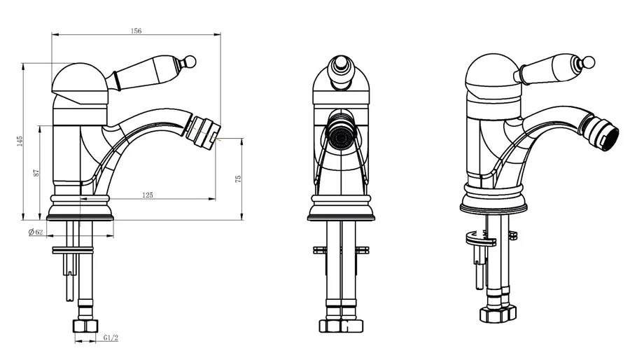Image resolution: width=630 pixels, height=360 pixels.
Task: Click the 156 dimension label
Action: click(136, 31)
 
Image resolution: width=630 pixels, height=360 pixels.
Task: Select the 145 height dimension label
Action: click(20, 141)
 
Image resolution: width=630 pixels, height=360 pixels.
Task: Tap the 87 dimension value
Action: click(36, 172)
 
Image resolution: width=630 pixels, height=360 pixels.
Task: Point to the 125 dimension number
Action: click(148, 195)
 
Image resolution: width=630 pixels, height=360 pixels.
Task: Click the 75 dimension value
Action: click(238, 178)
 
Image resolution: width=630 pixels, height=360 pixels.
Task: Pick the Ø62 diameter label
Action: click(36, 232)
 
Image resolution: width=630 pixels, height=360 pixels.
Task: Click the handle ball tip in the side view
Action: click(190, 62)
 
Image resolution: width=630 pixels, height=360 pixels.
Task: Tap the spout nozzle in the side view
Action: click(202, 132)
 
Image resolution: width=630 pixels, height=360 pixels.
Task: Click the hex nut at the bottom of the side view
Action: click(85, 326)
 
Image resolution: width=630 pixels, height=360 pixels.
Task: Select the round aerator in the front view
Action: click(341, 137)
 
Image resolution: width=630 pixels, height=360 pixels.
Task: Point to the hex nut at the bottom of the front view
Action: click(341, 326)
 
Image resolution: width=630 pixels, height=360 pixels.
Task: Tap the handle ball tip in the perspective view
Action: click(589, 62)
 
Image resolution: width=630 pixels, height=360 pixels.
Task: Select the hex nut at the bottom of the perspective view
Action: click(498, 313)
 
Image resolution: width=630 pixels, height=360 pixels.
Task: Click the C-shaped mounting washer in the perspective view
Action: click(481, 240)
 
